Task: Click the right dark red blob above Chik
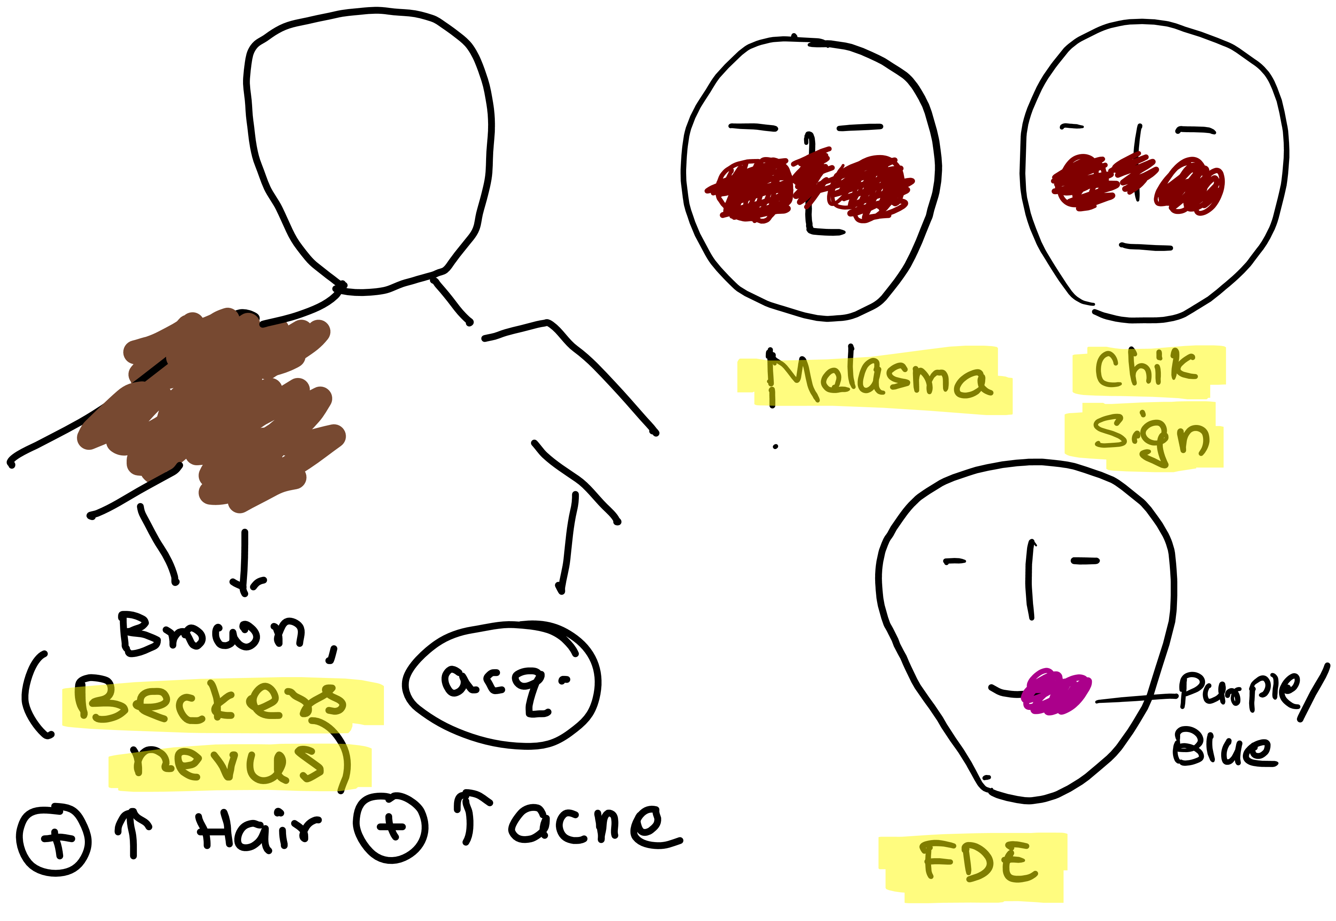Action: tap(1190, 186)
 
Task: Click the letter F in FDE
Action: tap(937, 858)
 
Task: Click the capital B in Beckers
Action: tap(98, 703)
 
